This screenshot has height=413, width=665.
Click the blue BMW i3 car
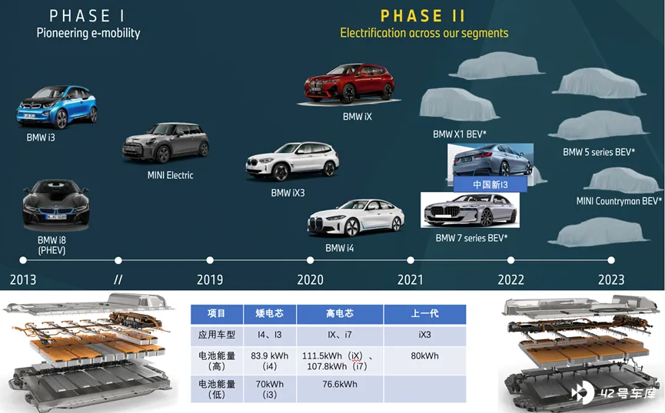point(57,107)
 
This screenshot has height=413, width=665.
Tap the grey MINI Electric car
point(165,143)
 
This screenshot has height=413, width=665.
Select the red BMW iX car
point(349,83)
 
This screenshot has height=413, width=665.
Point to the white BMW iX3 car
point(292,161)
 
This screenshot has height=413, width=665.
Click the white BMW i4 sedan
point(356,218)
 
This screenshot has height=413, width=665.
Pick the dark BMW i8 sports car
point(56,203)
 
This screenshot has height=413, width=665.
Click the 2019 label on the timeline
point(210,279)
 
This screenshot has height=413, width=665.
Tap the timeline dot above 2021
point(411,260)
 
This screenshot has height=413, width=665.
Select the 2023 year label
point(611,279)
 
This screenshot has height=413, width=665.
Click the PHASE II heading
point(423,16)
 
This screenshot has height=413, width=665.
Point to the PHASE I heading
point(87,16)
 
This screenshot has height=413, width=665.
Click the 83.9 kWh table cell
point(270,361)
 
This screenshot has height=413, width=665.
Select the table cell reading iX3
point(424,335)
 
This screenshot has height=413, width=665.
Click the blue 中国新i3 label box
point(490,184)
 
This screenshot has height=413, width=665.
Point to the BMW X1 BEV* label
point(459,134)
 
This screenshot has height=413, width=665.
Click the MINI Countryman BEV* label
point(619,201)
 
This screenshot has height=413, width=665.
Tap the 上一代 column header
point(424,314)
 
